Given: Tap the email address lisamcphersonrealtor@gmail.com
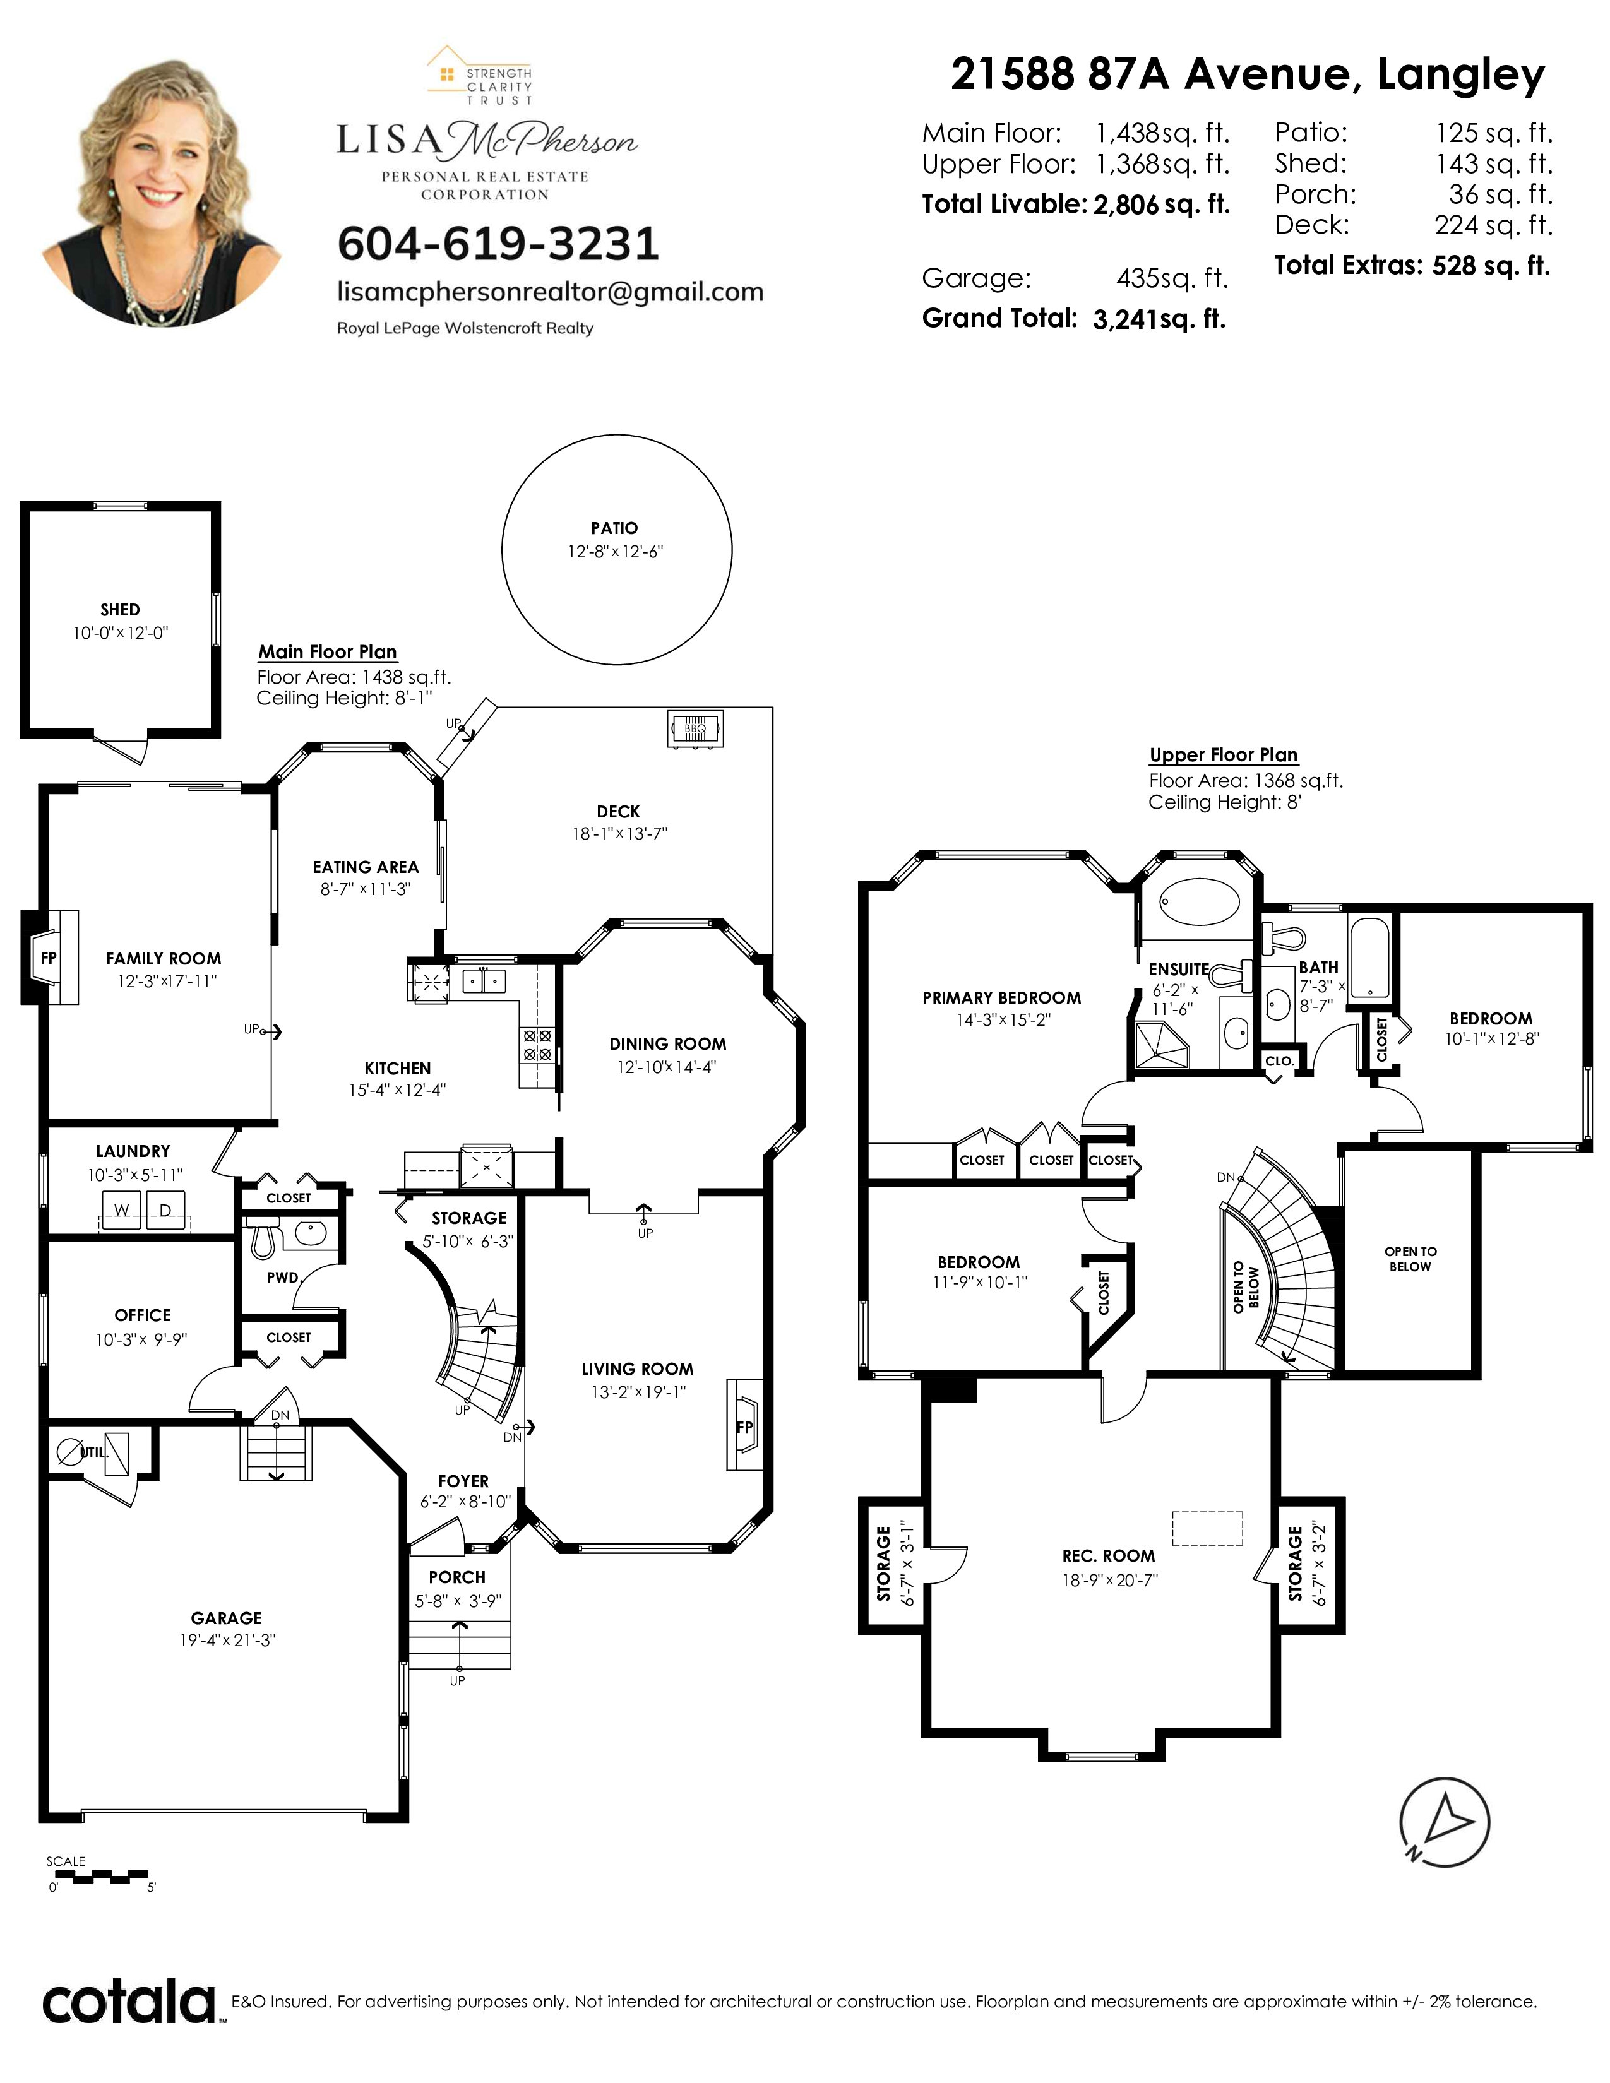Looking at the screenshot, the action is click(551, 292).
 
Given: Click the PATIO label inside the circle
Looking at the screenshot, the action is click(614, 528).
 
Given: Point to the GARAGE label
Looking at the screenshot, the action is click(226, 1618).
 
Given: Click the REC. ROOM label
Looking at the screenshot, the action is click(1108, 1555).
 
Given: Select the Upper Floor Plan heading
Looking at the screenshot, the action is click(1224, 754).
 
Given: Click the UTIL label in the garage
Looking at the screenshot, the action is click(93, 1452).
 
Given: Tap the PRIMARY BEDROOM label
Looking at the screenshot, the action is click(1001, 997).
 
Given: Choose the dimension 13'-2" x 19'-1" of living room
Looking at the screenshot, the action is click(638, 1392).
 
